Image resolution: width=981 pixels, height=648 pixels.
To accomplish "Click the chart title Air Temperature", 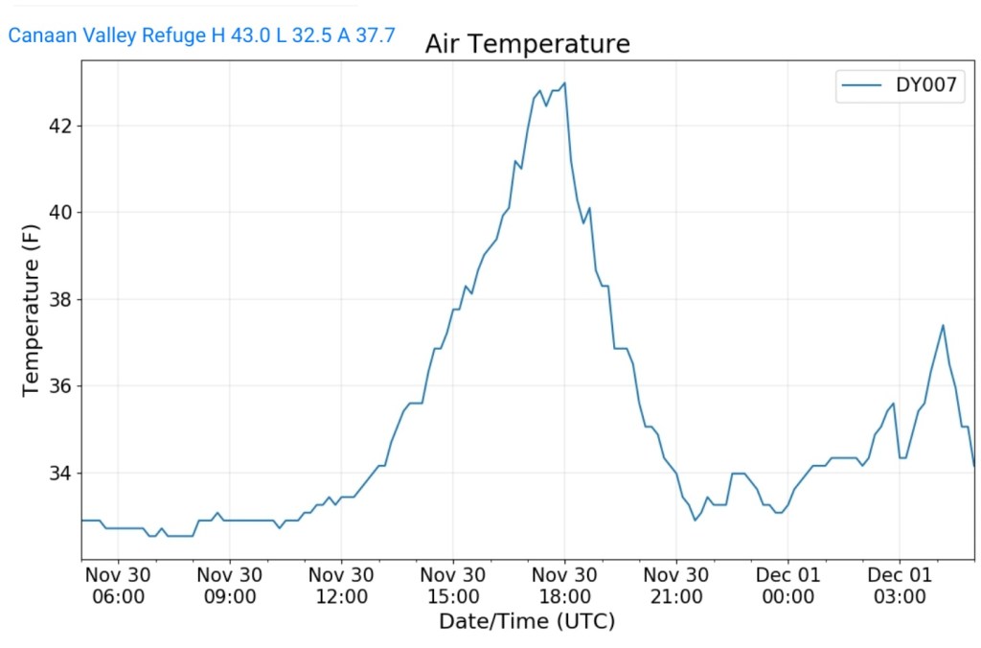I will tap(527, 44).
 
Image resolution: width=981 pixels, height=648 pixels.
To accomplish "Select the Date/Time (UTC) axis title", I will tap(527, 621).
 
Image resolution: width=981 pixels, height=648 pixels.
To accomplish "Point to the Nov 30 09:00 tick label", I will tap(230, 585).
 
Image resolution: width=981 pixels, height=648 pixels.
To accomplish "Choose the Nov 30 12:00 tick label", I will tap(342, 585).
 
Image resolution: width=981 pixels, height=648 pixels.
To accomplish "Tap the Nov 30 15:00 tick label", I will tap(453, 585).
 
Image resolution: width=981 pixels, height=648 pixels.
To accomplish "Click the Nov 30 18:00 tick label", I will tap(564, 585).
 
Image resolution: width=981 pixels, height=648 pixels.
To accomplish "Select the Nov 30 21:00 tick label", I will tap(676, 585).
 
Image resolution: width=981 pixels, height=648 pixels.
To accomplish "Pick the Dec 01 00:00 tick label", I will tap(787, 585).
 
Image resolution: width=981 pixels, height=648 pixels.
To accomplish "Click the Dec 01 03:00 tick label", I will tap(900, 585).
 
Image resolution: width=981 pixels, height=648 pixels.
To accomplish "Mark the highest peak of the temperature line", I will tap(564, 82).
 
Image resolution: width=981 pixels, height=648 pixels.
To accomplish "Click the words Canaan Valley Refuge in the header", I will tap(106, 36).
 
